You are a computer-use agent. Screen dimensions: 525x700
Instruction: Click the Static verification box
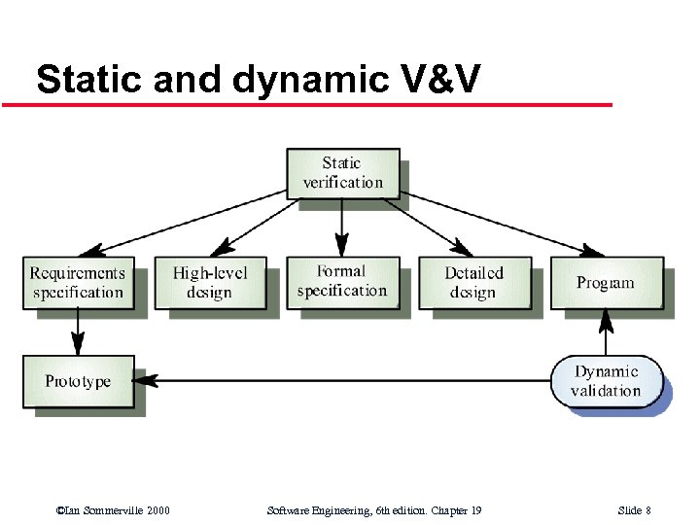tap(342, 173)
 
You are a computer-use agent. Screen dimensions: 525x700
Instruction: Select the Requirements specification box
tap(78, 283)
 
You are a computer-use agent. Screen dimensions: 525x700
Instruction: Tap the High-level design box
tap(210, 283)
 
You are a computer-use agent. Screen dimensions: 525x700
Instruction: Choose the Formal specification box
tap(341, 282)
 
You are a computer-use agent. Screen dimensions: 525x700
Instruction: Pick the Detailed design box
tap(473, 283)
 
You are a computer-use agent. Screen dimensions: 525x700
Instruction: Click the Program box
tap(606, 283)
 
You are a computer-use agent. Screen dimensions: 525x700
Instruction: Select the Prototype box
tap(78, 381)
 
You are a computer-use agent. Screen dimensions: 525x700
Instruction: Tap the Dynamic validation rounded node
tap(607, 381)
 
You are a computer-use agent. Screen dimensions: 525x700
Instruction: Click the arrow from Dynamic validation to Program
tap(606, 332)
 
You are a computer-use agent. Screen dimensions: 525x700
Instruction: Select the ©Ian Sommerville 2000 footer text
tap(113, 510)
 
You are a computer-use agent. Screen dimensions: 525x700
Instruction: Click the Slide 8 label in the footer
tap(634, 510)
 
